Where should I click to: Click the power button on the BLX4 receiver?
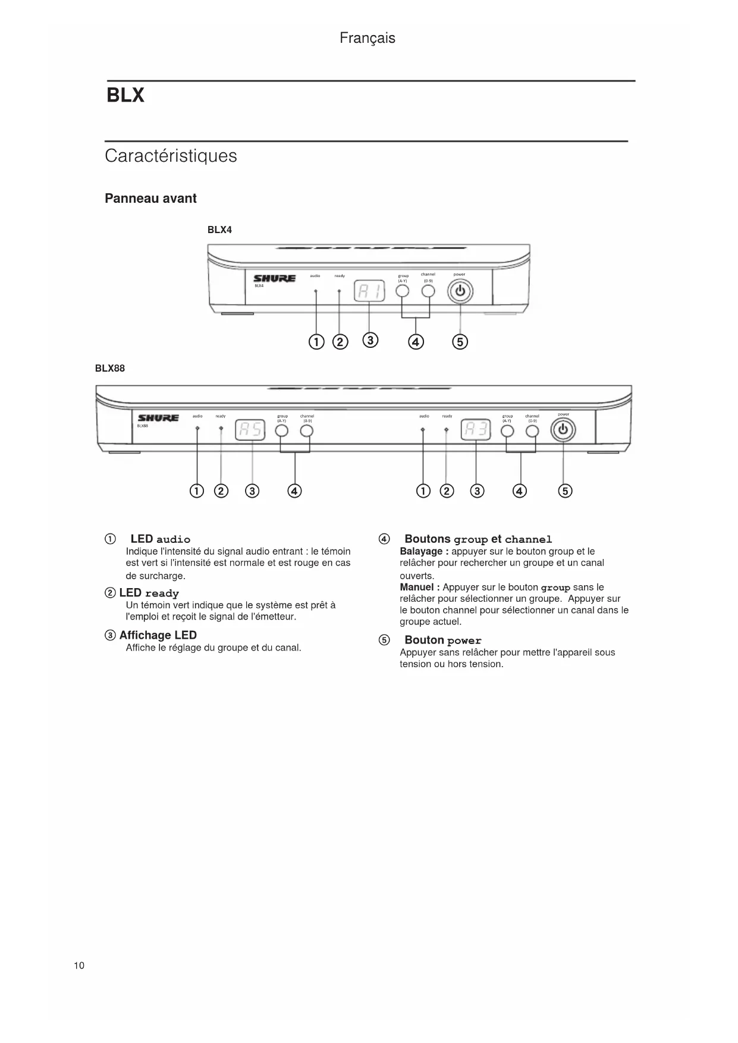460,292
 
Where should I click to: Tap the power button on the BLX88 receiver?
563,430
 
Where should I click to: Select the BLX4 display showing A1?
369,291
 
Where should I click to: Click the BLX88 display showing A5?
250,429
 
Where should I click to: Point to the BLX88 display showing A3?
476,429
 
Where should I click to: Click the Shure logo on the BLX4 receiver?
274,278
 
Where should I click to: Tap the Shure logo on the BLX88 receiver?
158,418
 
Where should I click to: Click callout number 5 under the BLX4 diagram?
460,342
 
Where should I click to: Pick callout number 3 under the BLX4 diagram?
370,340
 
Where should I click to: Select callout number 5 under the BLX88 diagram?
566,491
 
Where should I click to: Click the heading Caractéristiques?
171,156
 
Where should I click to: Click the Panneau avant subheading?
150,199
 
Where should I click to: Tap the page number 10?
79,965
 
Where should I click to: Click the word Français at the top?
367,38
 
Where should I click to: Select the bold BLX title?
125,96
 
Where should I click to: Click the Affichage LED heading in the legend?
158,635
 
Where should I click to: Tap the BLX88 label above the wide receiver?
110,368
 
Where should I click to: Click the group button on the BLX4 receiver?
403,291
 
